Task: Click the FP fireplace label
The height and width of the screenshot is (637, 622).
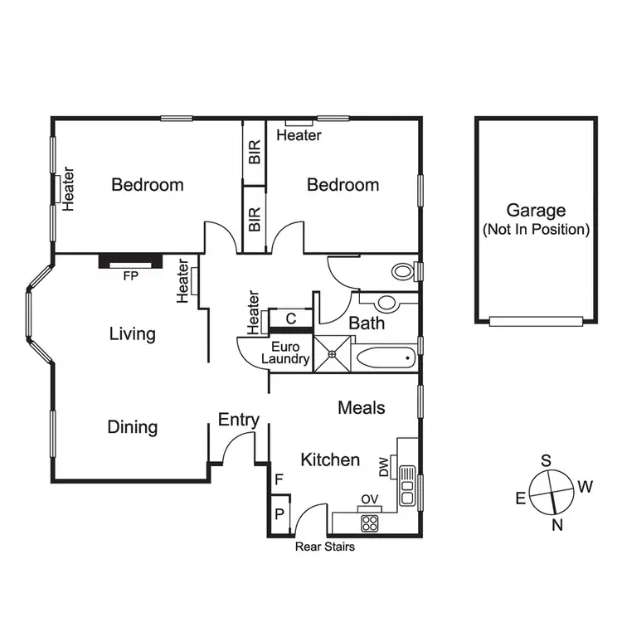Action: [x=130, y=277]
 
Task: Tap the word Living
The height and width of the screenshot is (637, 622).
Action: [x=133, y=334]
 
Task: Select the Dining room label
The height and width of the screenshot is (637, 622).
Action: [x=133, y=427]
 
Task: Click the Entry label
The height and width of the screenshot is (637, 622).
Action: [x=239, y=421]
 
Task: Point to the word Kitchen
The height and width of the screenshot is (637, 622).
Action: [x=330, y=460]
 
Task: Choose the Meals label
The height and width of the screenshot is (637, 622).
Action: [x=362, y=408]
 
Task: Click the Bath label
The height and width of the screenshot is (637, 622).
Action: [x=366, y=323]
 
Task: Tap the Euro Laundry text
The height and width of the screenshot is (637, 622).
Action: [x=286, y=353]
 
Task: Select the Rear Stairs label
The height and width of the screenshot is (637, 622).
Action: [x=325, y=547]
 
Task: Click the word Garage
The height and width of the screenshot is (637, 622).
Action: [x=536, y=211]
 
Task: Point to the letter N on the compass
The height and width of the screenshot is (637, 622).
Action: [x=557, y=524]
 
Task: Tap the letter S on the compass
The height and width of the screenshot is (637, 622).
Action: [x=546, y=460]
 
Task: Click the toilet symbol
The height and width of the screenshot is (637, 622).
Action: [x=402, y=271]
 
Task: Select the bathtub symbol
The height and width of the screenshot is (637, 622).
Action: [x=385, y=359]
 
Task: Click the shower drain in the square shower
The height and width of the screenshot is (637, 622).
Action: [x=332, y=354]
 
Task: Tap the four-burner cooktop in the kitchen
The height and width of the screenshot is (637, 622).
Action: [x=369, y=523]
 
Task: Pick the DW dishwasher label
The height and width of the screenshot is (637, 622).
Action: [x=384, y=469]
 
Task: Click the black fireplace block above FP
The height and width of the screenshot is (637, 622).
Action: [x=130, y=261]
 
